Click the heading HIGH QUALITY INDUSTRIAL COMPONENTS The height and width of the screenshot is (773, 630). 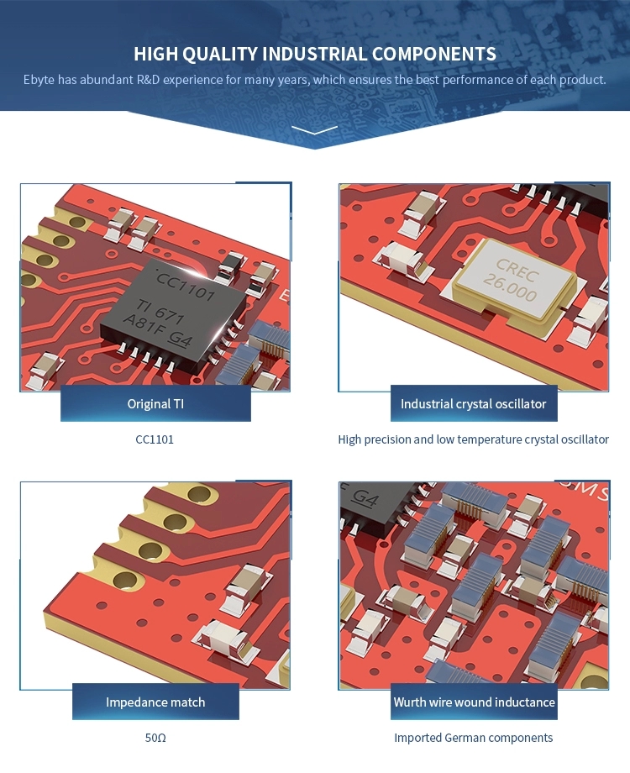pyautogui.click(x=315, y=55)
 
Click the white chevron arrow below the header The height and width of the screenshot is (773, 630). pyautogui.click(x=315, y=130)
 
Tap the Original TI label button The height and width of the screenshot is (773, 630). pyautogui.click(x=155, y=403)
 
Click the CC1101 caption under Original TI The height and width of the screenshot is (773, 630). pyautogui.click(x=155, y=439)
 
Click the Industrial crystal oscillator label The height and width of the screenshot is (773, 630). pyautogui.click(x=473, y=403)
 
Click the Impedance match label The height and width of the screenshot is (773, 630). pyautogui.click(x=155, y=702)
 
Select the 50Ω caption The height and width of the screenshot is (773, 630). pyautogui.click(x=155, y=738)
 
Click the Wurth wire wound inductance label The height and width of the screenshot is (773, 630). pyautogui.click(x=474, y=702)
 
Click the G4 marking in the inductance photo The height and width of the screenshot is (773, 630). pyautogui.click(x=365, y=497)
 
